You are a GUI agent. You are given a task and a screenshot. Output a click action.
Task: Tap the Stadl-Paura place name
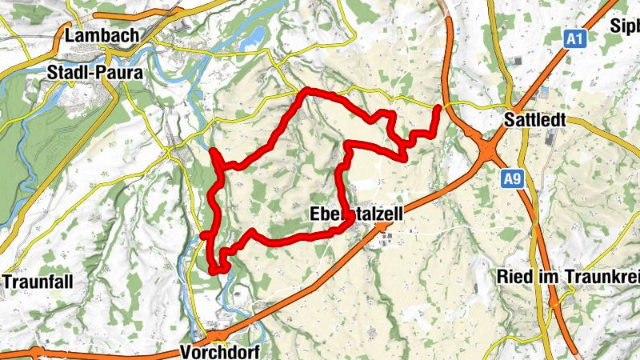click(x=95, y=73)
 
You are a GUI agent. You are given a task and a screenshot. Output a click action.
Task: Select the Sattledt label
click(x=536, y=121)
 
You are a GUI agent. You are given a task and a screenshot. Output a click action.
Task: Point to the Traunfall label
click(x=38, y=282)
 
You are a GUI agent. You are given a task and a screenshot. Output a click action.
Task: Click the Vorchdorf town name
click(x=222, y=351)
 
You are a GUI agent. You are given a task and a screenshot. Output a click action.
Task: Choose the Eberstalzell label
click(x=355, y=215)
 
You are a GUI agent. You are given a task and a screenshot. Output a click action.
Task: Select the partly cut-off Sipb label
click(x=626, y=26)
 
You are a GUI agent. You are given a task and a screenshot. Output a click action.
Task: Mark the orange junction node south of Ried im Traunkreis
click(x=554, y=305)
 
